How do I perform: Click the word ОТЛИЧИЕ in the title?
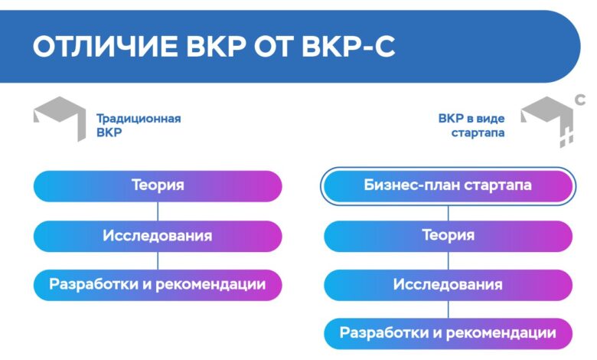pyautogui.click(x=105, y=47)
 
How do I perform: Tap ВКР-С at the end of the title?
pyautogui.click(x=348, y=47)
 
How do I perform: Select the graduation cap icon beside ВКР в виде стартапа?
pyautogui.click(x=547, y=121)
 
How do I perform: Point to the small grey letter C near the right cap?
pyautogui.click(x=580, y=100)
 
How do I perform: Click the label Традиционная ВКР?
pyautogui.click(x=139, y=126)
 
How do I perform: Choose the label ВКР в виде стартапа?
pyautogui.click(x=471, y=126)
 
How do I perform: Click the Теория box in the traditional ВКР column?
pyautogui.click(x=158, y=186)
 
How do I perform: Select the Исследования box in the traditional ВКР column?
pyautogui.click(x=158, y=236)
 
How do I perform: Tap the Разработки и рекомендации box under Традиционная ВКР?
pyautogui.click(x=158, y=285)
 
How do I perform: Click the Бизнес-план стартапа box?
pyautogui.click(x=448, y=186)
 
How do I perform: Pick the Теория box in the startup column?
pyautogui.click(x=448, y=236)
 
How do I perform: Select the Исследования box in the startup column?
pyautogui.click(x=448, y=285)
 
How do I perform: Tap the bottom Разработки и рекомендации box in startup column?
pyautogui.click(x=448, y=334)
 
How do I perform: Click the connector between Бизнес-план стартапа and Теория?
pyautogui.click(x=448, y=213)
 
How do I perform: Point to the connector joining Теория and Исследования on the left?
pyautogui.click(x=158, y=211)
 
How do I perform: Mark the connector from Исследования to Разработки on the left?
pyautogui.click(x=158, y=260)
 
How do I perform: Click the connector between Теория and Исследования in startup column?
pyautogui.click(x=448, y=260)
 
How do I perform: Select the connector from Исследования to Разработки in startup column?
pyautogui.click(x=448, y=309)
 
